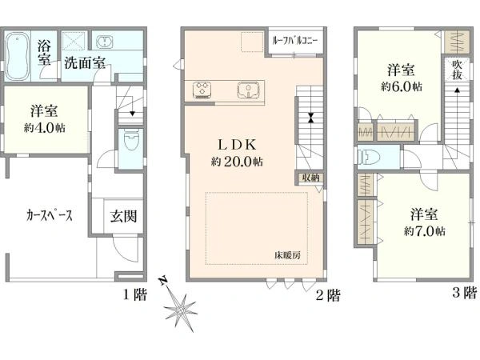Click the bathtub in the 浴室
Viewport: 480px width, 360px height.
pos(18,56)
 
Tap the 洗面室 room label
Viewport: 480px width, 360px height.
pos(85,63)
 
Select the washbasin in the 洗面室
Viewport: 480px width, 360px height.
pos(105,42)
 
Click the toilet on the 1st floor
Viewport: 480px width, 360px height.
pos(132,139)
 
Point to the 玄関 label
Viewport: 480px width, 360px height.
pos(123,216)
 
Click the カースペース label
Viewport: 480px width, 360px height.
pos(50,215)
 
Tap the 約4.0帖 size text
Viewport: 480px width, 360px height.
pos(45,128)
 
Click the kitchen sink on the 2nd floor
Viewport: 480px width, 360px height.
pos(248,90)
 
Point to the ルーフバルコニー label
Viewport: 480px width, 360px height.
pos(295,41)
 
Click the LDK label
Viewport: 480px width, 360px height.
pos(237,145)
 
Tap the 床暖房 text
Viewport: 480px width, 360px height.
pos(287,255)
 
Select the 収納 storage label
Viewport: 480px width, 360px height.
pos(310,178)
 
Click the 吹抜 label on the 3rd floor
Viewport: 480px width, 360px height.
pos(457,70)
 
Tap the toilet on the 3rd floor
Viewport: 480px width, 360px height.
pos(369,158)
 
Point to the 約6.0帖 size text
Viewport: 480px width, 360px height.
pos(402,86)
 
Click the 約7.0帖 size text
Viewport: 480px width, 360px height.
pos(424,231)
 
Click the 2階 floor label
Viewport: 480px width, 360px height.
pos(328,295)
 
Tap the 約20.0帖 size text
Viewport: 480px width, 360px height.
pos(237,162)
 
